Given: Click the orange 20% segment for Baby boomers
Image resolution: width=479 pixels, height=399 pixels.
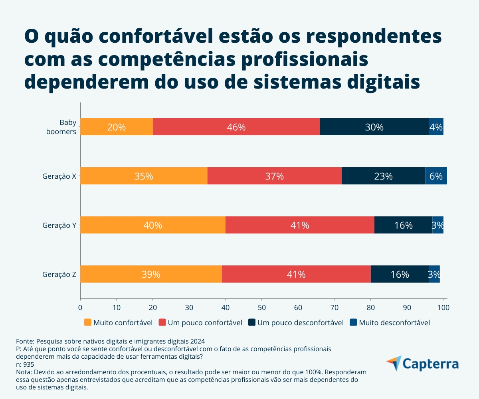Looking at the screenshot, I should pos(116,127).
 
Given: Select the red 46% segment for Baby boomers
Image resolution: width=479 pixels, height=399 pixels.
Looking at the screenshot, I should pos(236,127).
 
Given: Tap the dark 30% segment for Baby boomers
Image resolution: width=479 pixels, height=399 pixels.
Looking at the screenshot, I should pos(374,127).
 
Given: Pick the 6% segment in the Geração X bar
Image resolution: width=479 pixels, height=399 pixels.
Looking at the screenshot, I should pos(436,176).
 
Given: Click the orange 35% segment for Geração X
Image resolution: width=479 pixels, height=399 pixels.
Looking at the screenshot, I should pos(144,176).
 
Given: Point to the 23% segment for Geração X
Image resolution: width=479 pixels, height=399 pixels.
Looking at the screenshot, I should pos(383,176).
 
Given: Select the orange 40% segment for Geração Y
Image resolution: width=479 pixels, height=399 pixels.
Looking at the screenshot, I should pos(152,225).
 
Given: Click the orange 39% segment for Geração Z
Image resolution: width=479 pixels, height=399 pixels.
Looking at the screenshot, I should pos(151,274).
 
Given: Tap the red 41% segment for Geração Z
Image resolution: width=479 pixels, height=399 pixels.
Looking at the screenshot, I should pos(296,274).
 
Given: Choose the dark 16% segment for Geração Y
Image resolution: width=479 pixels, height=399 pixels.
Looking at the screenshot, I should pos(403,225).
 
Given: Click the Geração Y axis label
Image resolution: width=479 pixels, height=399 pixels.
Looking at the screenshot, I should pos(59,225).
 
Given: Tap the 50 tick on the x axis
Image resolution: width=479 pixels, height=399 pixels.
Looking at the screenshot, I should pos(261,308).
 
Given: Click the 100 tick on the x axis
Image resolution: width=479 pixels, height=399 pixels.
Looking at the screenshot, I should pos(443,308).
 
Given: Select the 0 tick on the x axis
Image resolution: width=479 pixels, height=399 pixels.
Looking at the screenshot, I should pos(80,308).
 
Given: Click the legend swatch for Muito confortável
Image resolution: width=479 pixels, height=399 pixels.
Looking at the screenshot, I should pos(88,322).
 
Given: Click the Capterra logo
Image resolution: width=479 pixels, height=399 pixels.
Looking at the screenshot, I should pos(422,364).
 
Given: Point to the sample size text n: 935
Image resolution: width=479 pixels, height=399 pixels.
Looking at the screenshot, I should pos(25,364).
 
